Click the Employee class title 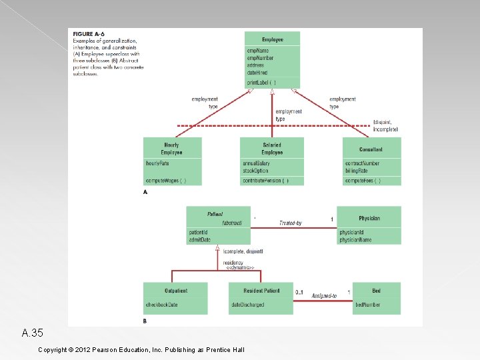(272, 39)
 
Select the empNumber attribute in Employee (260, 58)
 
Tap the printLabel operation (261, 83)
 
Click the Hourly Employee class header (171, 148)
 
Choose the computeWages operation (165, 181)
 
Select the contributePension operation (265, 181)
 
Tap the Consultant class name (371, 149)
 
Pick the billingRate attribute (356, 171)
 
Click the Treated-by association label (291, 223)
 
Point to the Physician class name (369, 218)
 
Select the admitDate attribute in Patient (200, 239)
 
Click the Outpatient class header (176, 291)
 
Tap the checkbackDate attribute (162, 305)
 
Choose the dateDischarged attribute (248, 305)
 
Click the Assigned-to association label (324, 295)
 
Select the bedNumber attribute (367, 305)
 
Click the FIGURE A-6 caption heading (89, 33)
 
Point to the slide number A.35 (32, 332)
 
